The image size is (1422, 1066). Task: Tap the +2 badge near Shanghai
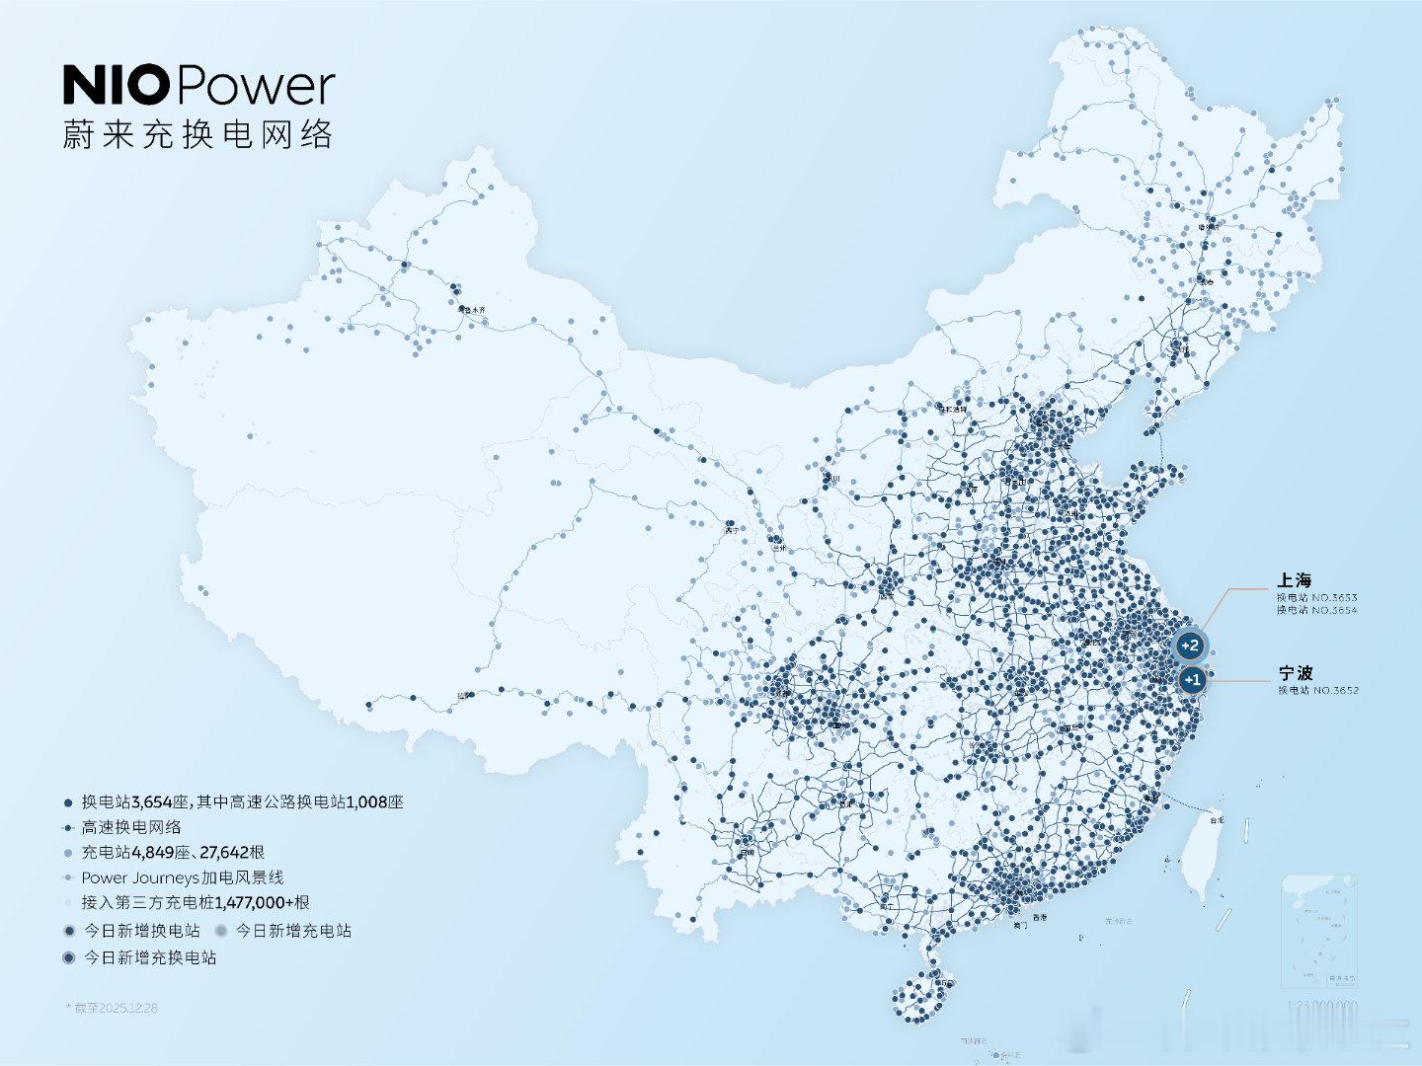1189,646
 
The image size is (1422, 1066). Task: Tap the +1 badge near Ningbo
1192,679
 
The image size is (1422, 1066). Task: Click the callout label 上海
1294,580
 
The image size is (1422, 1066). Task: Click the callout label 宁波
1296,673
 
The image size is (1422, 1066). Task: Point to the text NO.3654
1334,610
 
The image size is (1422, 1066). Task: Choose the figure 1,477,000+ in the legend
254,902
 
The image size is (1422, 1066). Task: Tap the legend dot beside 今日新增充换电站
68,957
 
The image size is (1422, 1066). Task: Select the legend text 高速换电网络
131,827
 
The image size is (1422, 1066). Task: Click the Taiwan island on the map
1207,860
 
